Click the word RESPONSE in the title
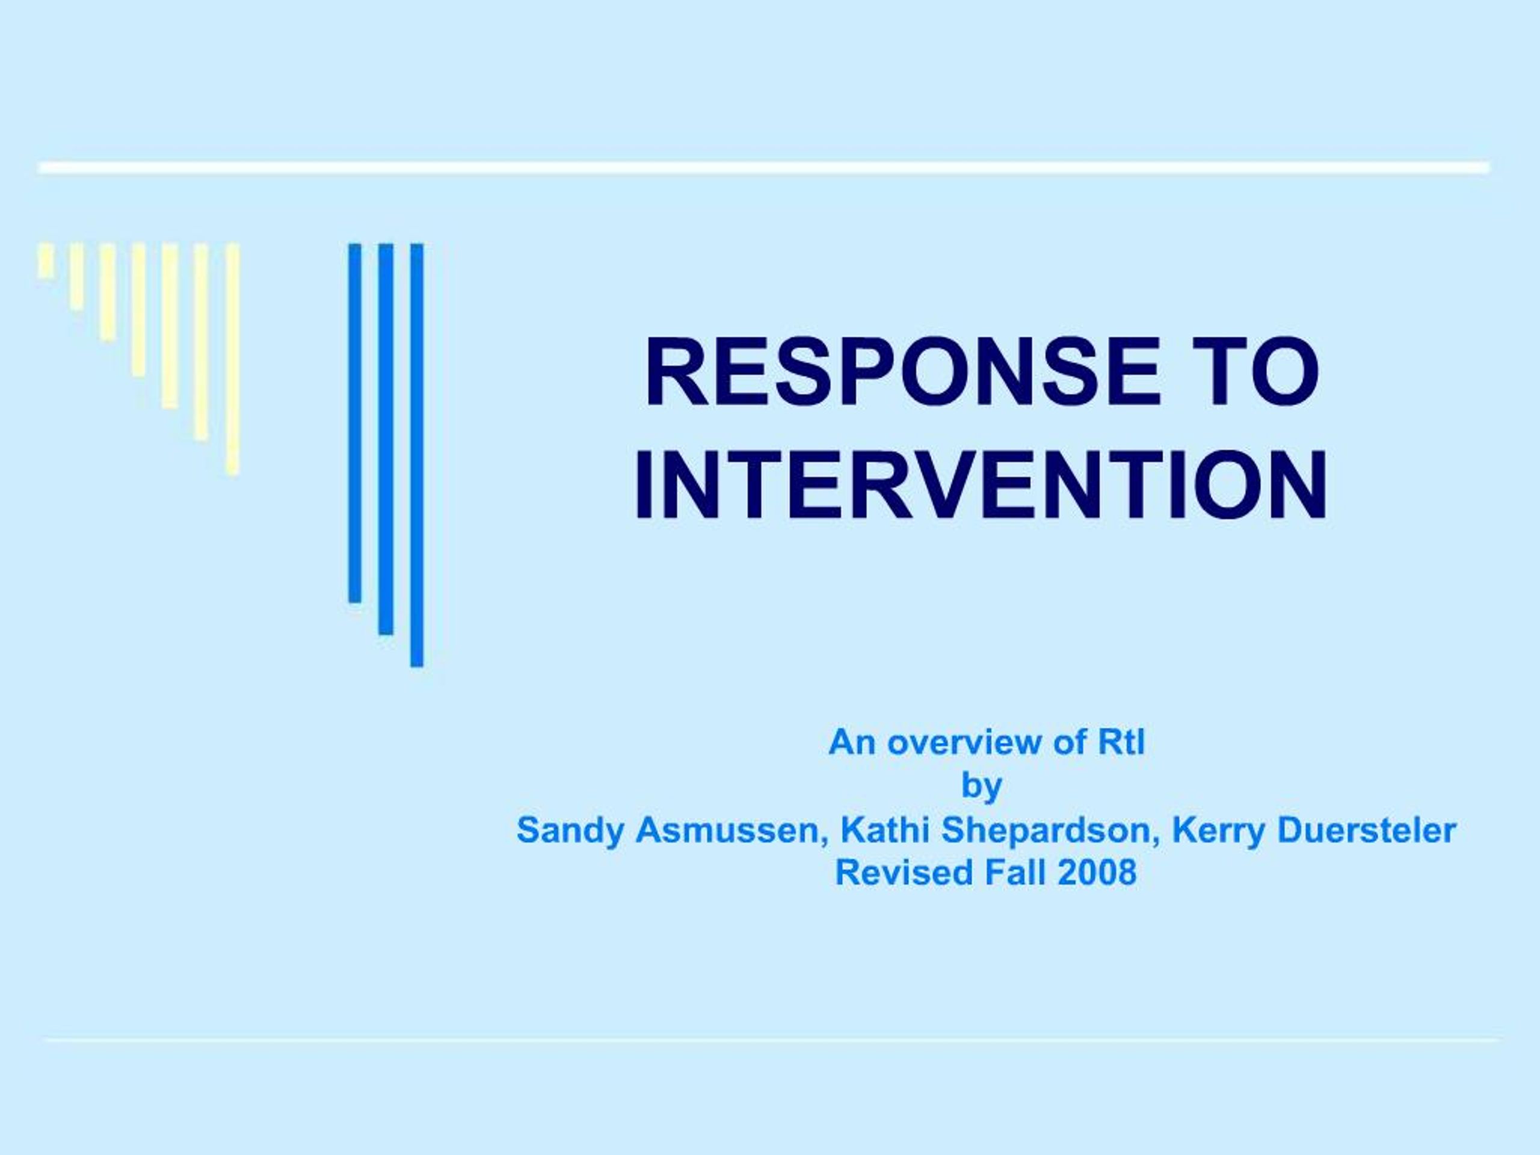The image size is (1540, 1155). click(903, 372)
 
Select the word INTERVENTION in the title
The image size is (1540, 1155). click(981, 485)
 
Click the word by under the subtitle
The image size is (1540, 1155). click(982, 787)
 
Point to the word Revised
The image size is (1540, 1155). click(893, 873)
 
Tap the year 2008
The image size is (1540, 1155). click(1097, 873)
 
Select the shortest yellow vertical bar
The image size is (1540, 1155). click(46, 260)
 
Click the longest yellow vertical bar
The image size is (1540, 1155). click(233, 359)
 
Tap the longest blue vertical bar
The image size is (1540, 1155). click(416, 455)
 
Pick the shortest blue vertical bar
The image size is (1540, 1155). click(355, 422)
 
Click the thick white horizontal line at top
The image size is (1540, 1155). click(764, 168)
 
